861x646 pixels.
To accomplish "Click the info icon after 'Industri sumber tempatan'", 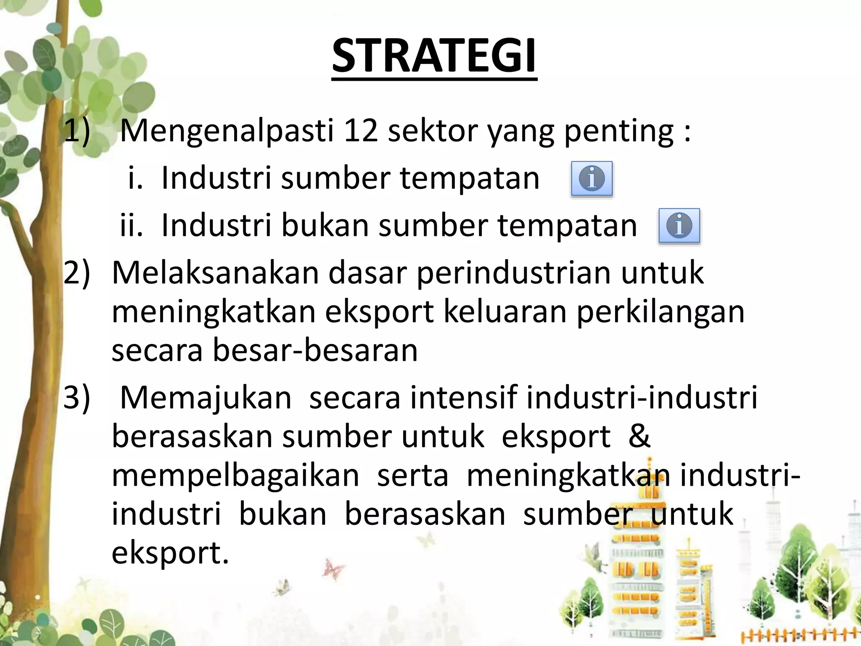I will (x=592, y=179).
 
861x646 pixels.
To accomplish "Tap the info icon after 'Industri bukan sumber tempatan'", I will (x=679, y=226).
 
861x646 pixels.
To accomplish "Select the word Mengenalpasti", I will (x=227, y=132).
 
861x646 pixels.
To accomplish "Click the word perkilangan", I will (x=660, y=312).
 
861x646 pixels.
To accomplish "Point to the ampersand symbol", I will (x=639, y=436).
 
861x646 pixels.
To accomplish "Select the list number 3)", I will (x=77, y=397).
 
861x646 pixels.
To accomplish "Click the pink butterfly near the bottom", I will (x=333, y=570).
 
